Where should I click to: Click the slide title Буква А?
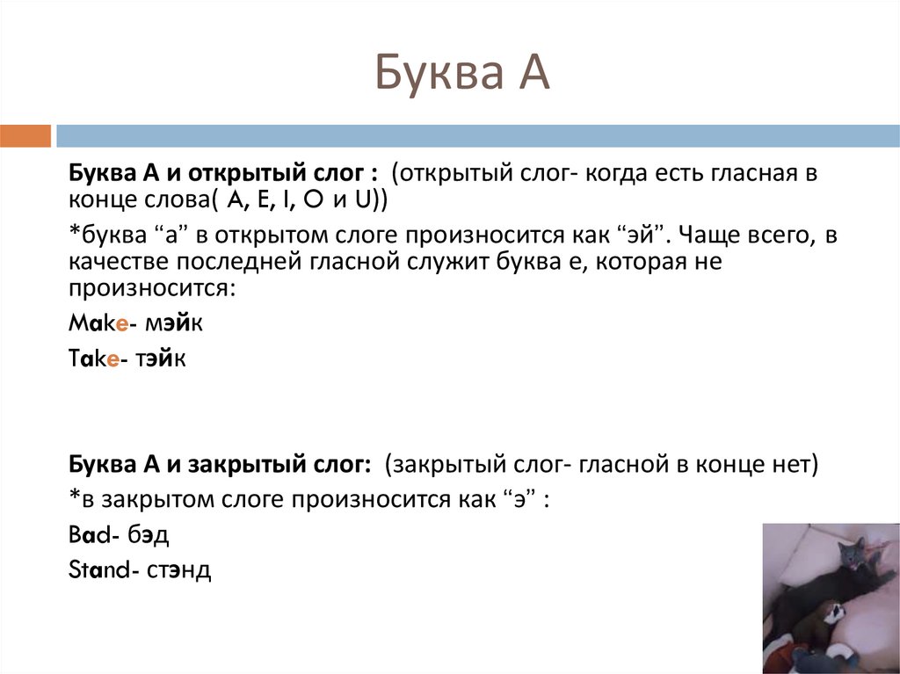[462, 73]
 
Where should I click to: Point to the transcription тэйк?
[162, 359]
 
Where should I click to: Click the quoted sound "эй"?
[639, 236]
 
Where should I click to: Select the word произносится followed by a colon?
[149, 288]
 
